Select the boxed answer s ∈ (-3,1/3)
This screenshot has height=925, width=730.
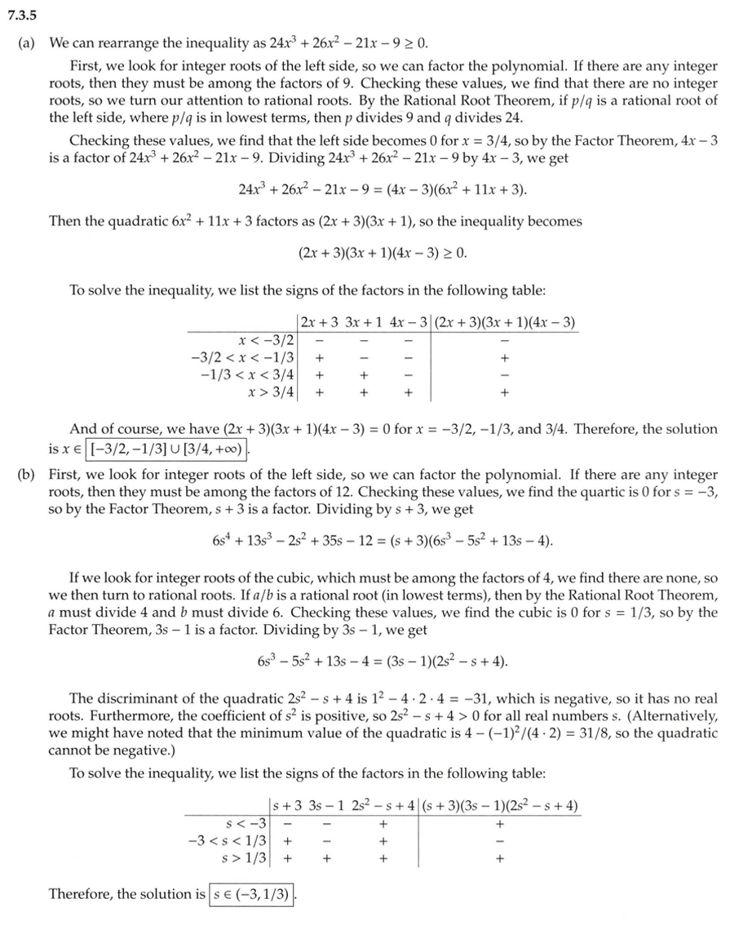251,894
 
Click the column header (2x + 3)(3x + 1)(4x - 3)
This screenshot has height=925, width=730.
506,322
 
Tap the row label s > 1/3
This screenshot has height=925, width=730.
245,857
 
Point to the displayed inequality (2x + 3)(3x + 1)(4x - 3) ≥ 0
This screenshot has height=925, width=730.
383,253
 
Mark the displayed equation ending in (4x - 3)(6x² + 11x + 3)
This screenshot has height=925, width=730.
383,190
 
